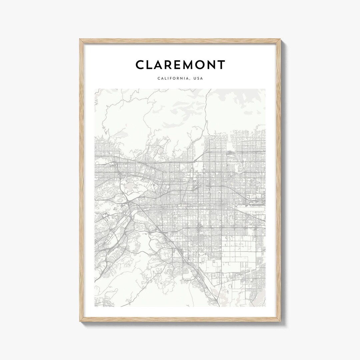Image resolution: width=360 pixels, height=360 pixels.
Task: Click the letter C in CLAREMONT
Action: [x=140, y=65]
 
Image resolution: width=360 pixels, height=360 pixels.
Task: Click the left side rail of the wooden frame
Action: [x=82, y=180]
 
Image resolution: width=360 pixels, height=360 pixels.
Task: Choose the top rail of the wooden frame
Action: [x=180, y=41]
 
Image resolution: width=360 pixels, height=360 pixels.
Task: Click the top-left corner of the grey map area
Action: [x=95, y=89]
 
